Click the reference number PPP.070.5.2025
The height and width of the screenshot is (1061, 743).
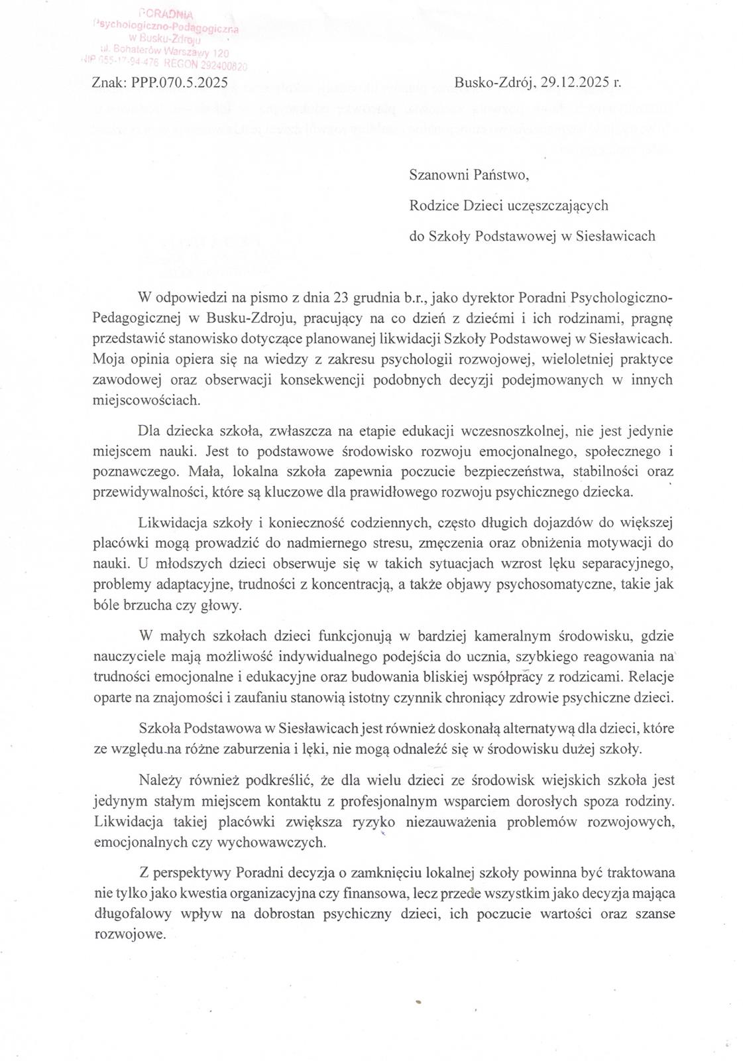pos(178,83)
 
